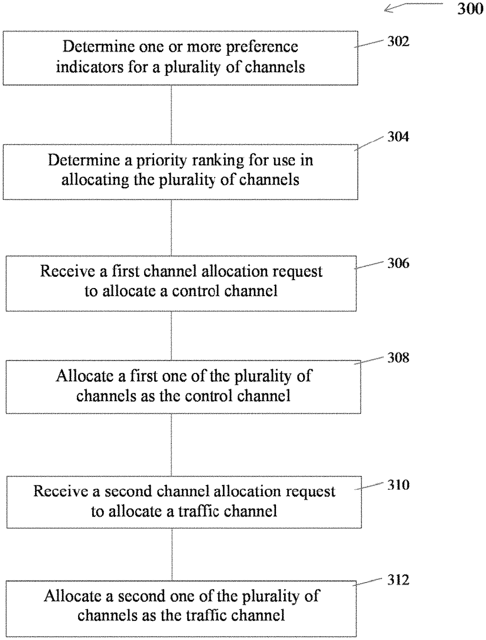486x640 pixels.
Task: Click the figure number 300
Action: point(470,9)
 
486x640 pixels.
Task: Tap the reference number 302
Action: point(398,41)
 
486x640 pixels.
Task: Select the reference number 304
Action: point(398,137)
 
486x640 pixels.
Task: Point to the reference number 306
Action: point(398,263)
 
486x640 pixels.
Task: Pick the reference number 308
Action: point(398,358)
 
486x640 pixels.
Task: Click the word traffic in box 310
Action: point(199,511)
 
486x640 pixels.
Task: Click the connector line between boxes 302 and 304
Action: point(171,115)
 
